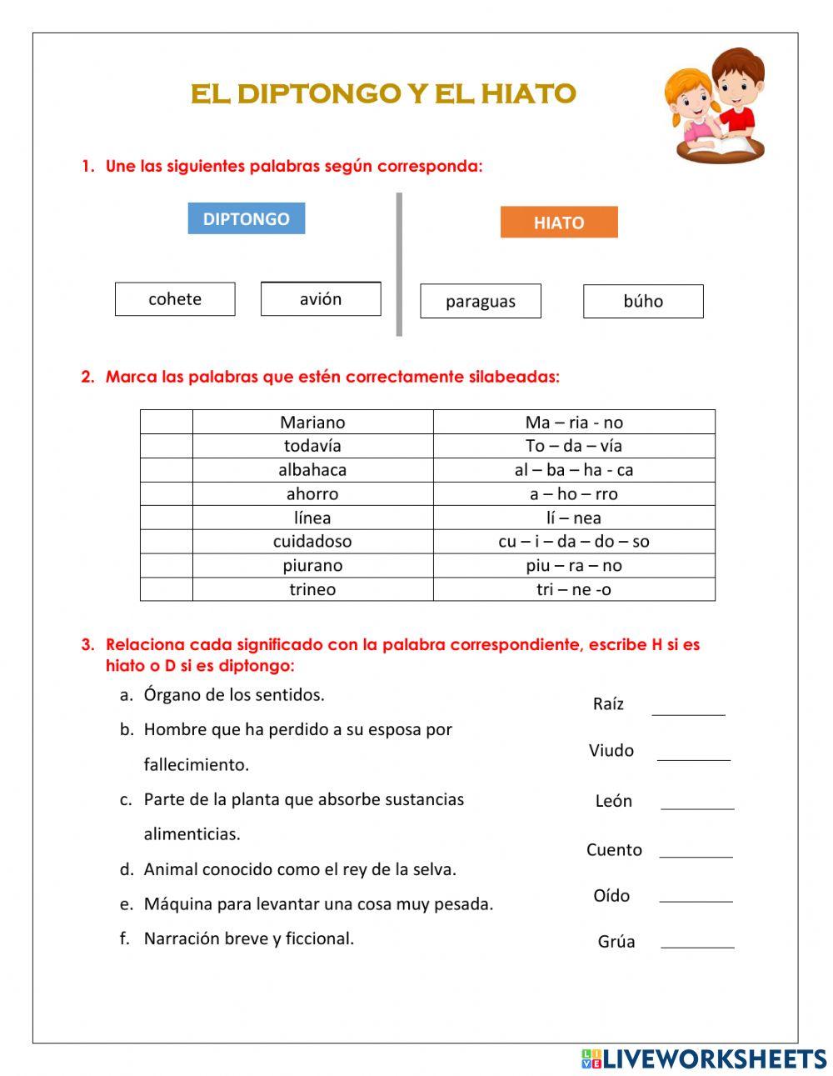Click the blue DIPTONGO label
246,218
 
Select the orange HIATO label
559,223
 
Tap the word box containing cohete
175,299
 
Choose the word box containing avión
321,299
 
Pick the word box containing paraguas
481,301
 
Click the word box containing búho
643,301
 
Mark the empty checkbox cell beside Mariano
167,422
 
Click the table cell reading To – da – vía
574,446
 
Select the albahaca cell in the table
312,470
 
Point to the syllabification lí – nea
574,518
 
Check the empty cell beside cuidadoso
167,542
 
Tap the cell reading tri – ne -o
574,589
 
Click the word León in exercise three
614,801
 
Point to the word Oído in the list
611,896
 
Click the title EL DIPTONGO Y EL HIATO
383,93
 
